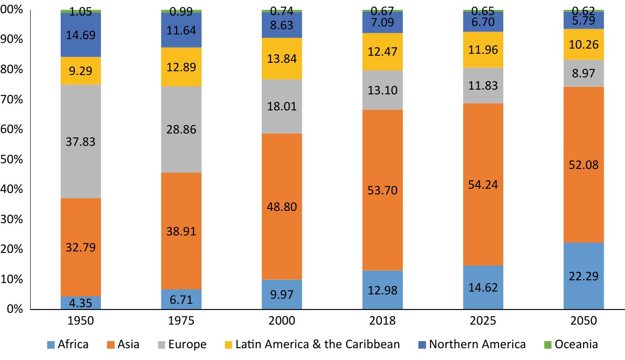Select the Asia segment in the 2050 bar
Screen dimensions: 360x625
pos(583,142)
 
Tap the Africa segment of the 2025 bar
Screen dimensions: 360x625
pos(483,295)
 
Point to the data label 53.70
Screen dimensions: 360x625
pos(382,190)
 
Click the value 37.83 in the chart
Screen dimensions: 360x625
pos(81,142)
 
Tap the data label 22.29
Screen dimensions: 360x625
pos(583,276)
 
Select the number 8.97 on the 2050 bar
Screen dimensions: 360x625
pos(583,74)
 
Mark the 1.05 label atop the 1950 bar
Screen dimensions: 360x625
pos(81,13)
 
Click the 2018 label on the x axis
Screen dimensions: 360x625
pos(382,321)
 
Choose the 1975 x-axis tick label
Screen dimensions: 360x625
pos(181,321)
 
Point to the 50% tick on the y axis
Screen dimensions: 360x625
pos(12,159)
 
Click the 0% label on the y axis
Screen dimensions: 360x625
pos(12,309)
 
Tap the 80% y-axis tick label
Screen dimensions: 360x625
pos(12,69)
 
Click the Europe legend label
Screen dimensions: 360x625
pos(188,344)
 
